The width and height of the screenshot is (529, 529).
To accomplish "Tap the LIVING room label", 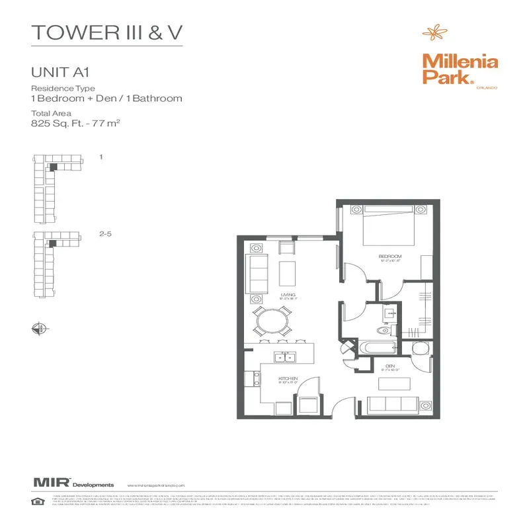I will pyautogui.click(x=288, y=295).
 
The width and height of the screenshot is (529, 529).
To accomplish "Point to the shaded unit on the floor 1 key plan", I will pyautogui.click(x=53, y=167).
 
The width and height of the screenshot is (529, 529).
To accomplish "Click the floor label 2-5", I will pyautogui.click(x=104, y=233).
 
